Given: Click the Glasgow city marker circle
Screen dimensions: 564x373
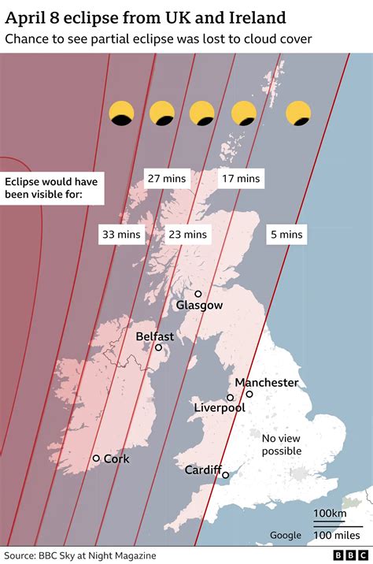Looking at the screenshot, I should point(198,294).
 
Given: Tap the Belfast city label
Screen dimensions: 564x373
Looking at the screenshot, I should point(155,336).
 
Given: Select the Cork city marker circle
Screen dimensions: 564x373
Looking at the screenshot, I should point(96,458).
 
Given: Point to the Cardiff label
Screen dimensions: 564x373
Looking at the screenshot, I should point(203,469).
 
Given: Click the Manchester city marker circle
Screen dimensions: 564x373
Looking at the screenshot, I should point(249,394).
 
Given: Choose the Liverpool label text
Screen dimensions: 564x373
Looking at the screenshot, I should point(220,408).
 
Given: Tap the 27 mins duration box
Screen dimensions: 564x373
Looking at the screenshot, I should point(165,179).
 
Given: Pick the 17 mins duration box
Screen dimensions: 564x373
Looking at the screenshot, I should point(240,179).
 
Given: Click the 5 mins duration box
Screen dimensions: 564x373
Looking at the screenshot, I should point(285,234).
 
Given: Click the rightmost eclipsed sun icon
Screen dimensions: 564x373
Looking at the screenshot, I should point(299,113).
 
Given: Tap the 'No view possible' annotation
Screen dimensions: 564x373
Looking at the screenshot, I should point(282,444).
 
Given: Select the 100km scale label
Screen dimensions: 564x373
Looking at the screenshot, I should point(330,514).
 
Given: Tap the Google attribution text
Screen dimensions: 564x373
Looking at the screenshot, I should point(286,536).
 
